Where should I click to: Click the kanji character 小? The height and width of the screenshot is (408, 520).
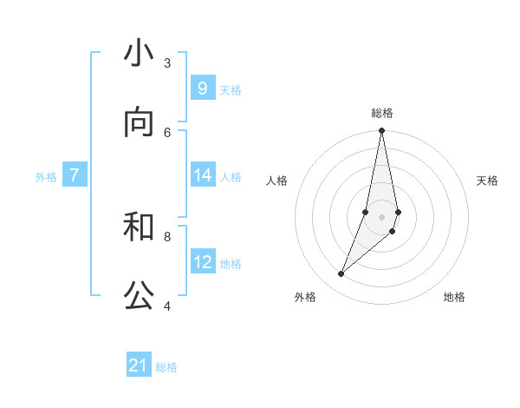point(138,54)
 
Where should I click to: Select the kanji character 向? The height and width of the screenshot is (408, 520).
point(138,123)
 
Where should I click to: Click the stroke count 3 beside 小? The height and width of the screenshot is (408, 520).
point(167,63)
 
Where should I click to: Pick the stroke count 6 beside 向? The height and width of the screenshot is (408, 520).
point(167,132)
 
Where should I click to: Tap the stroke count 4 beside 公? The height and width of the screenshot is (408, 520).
point(167,306)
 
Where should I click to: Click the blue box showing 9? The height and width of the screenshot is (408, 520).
point(203,89)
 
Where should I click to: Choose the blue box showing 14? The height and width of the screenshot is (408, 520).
point(203,175)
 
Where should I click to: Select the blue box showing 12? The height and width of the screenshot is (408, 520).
point(203,262)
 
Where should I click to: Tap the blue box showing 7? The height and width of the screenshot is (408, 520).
point(75,175)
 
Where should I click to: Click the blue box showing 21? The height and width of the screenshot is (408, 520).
point(139,365)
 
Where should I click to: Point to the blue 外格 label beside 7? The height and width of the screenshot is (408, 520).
point(46,177)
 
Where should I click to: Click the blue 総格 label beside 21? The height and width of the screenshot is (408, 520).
point(166,367)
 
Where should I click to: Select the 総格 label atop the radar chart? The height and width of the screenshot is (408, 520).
point(381,113)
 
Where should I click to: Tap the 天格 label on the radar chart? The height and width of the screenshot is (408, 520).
point(487,181)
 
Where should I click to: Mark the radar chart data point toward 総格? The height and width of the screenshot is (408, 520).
point(381,131)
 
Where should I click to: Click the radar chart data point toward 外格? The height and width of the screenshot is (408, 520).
point(341,274)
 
